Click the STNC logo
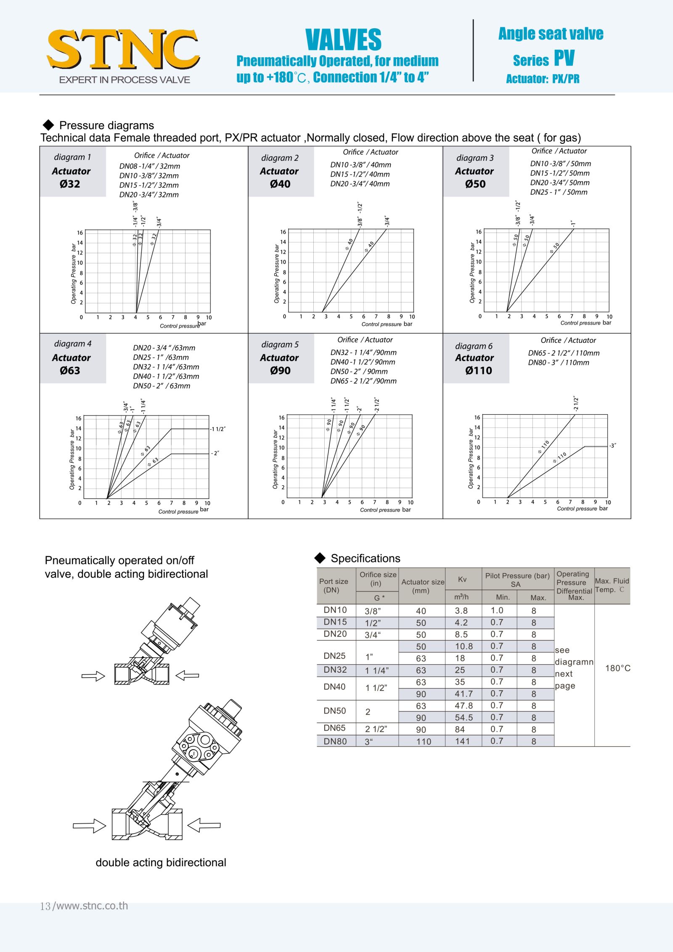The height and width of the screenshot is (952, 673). point(123,50)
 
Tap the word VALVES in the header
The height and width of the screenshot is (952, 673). point(343,40)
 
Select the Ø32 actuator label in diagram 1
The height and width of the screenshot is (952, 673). point(70,184)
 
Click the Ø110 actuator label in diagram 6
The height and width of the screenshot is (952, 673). point(478,371)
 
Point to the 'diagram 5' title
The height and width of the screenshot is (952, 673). point(280,345)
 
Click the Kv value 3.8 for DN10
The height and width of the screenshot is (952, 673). point(461,611)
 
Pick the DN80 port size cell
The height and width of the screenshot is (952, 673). point(335,741)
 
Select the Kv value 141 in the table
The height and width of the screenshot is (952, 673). point(462,741)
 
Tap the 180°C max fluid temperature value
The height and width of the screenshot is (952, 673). point(617,668)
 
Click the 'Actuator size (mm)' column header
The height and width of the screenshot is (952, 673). point(422,586)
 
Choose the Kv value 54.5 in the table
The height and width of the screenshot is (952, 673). point(464,718)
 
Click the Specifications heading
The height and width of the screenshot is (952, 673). point(365,558)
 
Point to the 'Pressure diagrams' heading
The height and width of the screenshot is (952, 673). point(106,125)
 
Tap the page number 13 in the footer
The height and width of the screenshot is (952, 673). point(45,906)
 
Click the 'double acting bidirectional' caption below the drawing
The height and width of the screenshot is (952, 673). point(161,862)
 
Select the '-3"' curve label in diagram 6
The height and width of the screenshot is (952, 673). point(613,446)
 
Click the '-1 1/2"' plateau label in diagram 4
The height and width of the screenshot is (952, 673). point(218,429)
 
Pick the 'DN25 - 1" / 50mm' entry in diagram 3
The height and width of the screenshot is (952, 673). point(559,192)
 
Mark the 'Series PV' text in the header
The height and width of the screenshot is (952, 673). point(543,59)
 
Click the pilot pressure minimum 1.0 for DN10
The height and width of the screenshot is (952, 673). point(497,610)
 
